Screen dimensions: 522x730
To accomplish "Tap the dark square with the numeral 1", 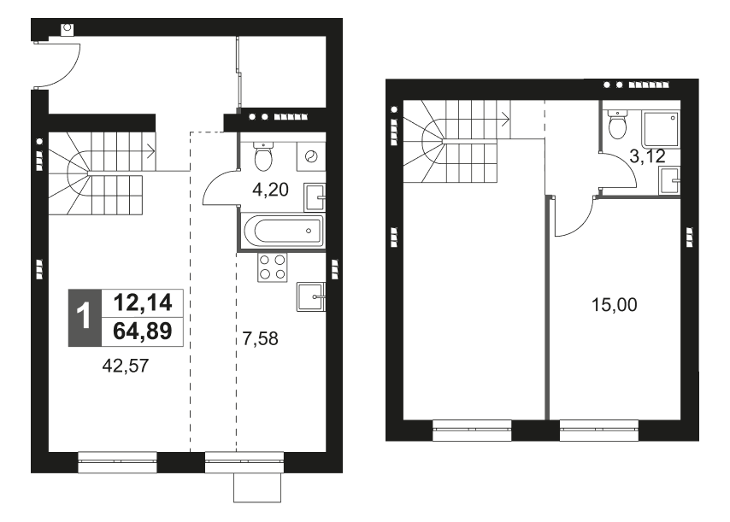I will pyautogui.click(x=84, y=316).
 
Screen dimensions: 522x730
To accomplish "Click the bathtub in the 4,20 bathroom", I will pyautogui.click(x=283, y=231).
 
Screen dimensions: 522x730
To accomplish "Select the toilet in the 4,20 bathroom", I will pyautogui.click(x=263, y=157).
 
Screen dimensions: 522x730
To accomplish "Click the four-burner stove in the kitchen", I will pyautogui.click(x=272, y=268).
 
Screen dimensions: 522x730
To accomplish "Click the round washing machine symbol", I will pyautogui.click(x=311, y=157).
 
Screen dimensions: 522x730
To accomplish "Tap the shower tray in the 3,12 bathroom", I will pyautogui.click(x=661, y=127).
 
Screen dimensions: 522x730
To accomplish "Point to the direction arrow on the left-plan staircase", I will pyautogui.click(x=150, y=155).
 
